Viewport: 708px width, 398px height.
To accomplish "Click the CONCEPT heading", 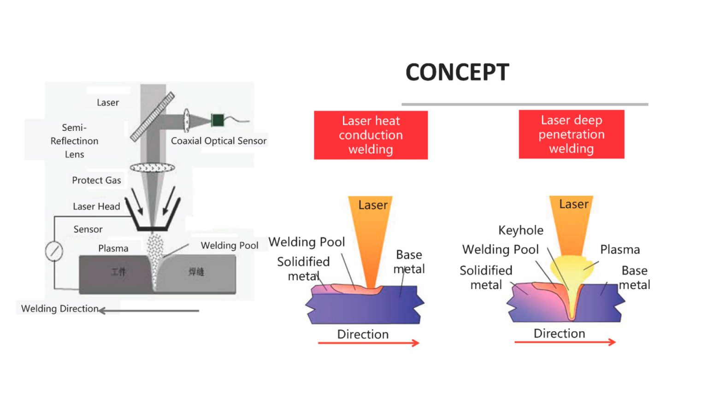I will point(457,72).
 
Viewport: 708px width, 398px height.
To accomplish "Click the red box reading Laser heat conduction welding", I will point(371,135).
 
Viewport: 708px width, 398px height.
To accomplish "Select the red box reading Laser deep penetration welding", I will point(571,134).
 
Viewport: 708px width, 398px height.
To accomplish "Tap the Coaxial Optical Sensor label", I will point(218,141).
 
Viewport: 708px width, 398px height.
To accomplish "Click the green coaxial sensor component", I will point(218,120).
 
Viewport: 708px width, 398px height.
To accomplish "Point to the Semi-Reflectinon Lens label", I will point(74,140).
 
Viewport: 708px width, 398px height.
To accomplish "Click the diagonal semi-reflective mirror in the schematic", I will point(152,117).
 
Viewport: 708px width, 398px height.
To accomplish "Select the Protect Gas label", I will point(96,180).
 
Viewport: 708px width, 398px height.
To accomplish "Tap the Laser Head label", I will point(96,206).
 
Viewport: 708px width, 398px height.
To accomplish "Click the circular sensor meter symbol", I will point(54,251).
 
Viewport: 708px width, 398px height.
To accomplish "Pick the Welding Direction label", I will point(60,309).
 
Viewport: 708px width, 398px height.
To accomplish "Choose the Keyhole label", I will point(521,230).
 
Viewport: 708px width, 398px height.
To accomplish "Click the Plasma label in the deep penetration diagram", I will point(620,250).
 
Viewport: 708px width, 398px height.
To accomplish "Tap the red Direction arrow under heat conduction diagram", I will point(368,343).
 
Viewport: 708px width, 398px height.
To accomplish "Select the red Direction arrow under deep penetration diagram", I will point(565,342).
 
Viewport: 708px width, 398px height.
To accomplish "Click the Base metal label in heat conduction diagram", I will point(409,262).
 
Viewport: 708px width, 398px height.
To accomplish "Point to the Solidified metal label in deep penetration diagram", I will point(486,277).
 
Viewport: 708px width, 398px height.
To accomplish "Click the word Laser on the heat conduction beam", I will point(373,205).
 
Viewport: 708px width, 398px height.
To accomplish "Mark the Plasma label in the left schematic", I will point(113,248).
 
